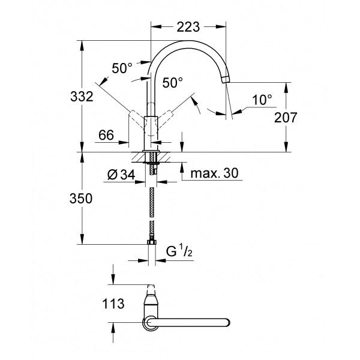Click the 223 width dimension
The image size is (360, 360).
[188, 27]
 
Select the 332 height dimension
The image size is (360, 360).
[82, 97]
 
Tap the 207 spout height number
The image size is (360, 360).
[286, 118]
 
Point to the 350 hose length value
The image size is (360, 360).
[81, 199]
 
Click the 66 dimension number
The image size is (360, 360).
[106, 135]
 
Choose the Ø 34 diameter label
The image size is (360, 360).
[121, 175]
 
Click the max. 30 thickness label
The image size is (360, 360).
[214, 173]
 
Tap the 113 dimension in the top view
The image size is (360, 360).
[113, 304]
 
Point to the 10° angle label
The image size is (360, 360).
[262, 100]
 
